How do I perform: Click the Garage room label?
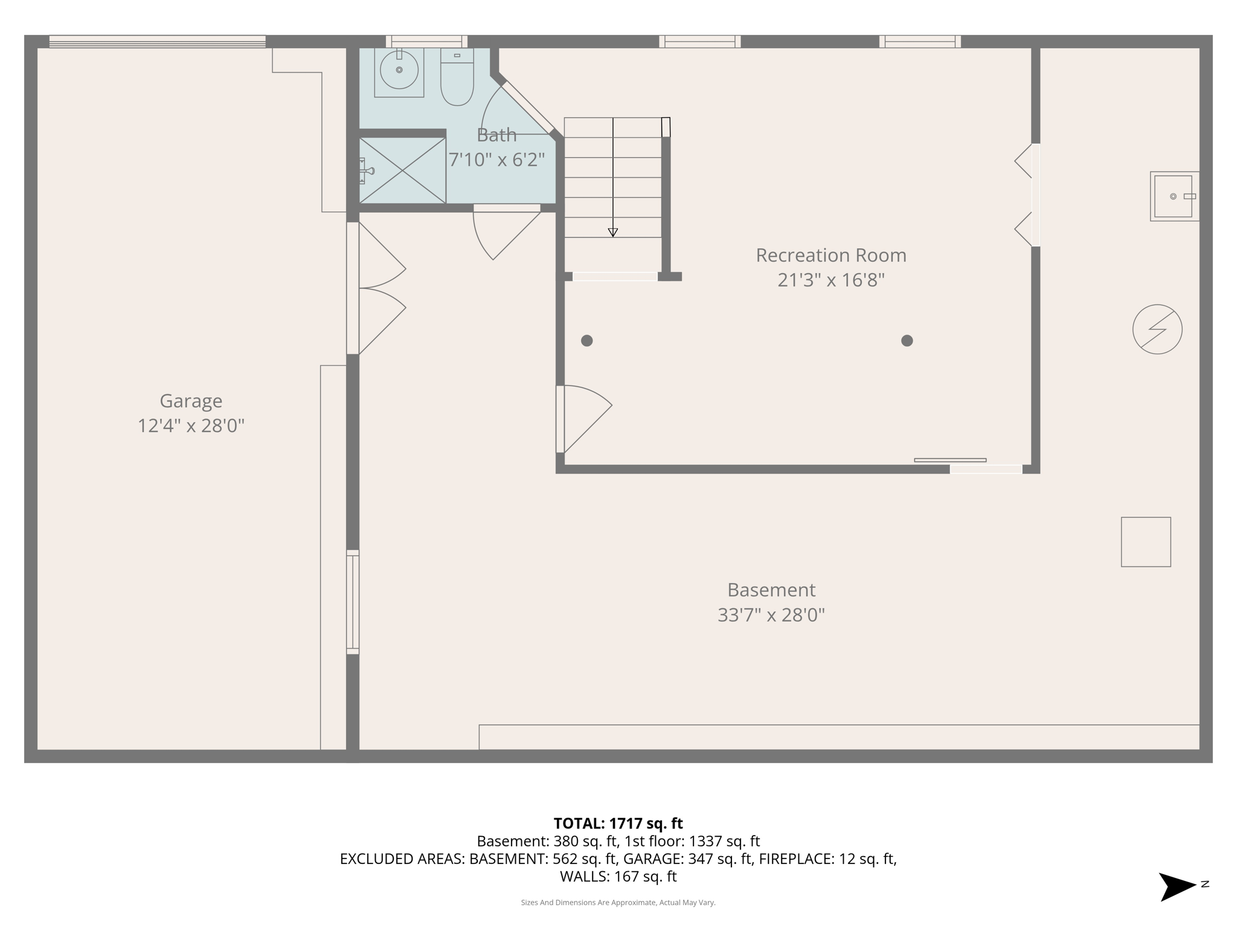click(x=191, y=401)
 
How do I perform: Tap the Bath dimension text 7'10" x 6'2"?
click(x=496, y=160)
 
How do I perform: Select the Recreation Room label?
click(x=831, y=256)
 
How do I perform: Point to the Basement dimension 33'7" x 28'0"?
click(x=771, y=615)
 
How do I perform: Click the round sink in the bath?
click(x=399, y=70)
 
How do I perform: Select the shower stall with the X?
click(x=402, y=170)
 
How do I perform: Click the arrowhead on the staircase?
click(x=612, y=233)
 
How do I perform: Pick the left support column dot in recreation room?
click(x=586, y=341)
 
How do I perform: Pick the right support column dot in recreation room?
click(x=907, y=341)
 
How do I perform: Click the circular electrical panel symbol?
click(x=1157, y=329)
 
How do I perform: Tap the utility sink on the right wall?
click(x=1174, y=196)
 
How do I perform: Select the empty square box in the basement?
click(x=1146, y=542)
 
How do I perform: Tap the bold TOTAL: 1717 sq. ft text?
click(x=618, y=823)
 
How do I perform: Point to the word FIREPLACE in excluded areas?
click(x=796, y=859)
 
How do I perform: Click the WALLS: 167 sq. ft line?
click(x=618, y=876)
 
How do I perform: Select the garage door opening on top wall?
click(x=157, y=42)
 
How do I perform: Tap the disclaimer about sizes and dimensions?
click(x=618, y=903)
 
